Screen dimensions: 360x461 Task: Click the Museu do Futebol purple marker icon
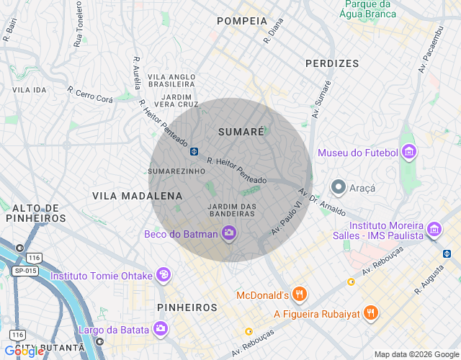click(409, 152)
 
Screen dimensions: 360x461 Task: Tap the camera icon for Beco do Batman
click(229, 233)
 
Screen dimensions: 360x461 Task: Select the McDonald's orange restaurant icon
click(300, 294)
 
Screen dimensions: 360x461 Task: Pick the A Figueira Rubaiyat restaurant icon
click(370, 313)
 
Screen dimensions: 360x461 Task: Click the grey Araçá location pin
click(338, 188)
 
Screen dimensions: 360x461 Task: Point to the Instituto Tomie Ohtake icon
click(164, 275)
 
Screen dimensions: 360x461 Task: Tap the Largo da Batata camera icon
click(161, 329)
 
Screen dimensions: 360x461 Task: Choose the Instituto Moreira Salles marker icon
click(434, 230)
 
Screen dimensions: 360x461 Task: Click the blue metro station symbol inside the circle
click(194, 151)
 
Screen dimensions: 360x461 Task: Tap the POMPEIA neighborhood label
click(242, 21)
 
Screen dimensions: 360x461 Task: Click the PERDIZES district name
click(331, 63)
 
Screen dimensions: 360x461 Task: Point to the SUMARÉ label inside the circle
click(241, 132)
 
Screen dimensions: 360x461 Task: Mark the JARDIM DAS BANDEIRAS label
click(231, 211)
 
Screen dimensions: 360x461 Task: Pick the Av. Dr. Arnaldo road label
click(323, 204)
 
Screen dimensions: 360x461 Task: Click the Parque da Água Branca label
click(369, 9)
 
